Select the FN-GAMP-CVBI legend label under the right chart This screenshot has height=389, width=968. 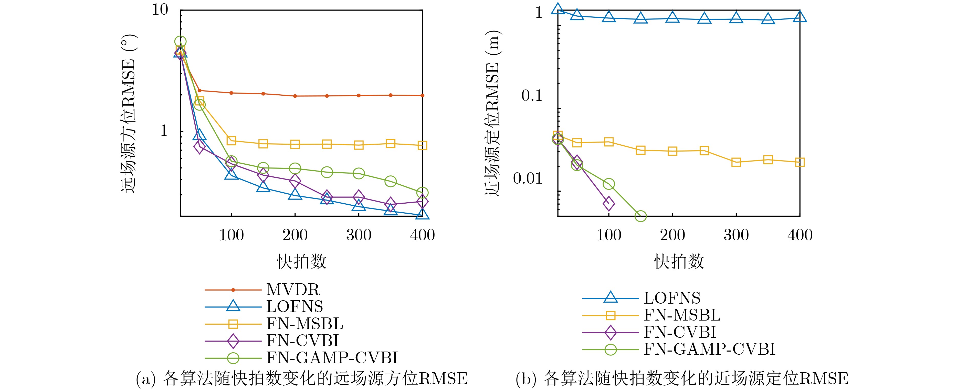pos(709,349)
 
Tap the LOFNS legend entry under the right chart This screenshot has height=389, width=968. pos(672,298)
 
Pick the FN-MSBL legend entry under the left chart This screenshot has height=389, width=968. pos(304,324)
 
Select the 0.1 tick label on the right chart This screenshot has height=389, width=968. pos(532,96)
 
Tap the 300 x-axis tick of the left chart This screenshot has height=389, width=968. pos(359,235)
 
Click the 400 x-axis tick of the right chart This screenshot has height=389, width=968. pos(800,235)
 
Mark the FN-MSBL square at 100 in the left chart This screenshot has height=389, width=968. pos(232,141)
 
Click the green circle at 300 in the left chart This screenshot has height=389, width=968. pos(359,173)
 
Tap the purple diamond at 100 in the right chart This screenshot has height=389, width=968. pos(609,204)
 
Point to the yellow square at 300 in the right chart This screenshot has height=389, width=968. pos(736,162)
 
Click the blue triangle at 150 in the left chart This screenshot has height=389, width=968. pos(264,186)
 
